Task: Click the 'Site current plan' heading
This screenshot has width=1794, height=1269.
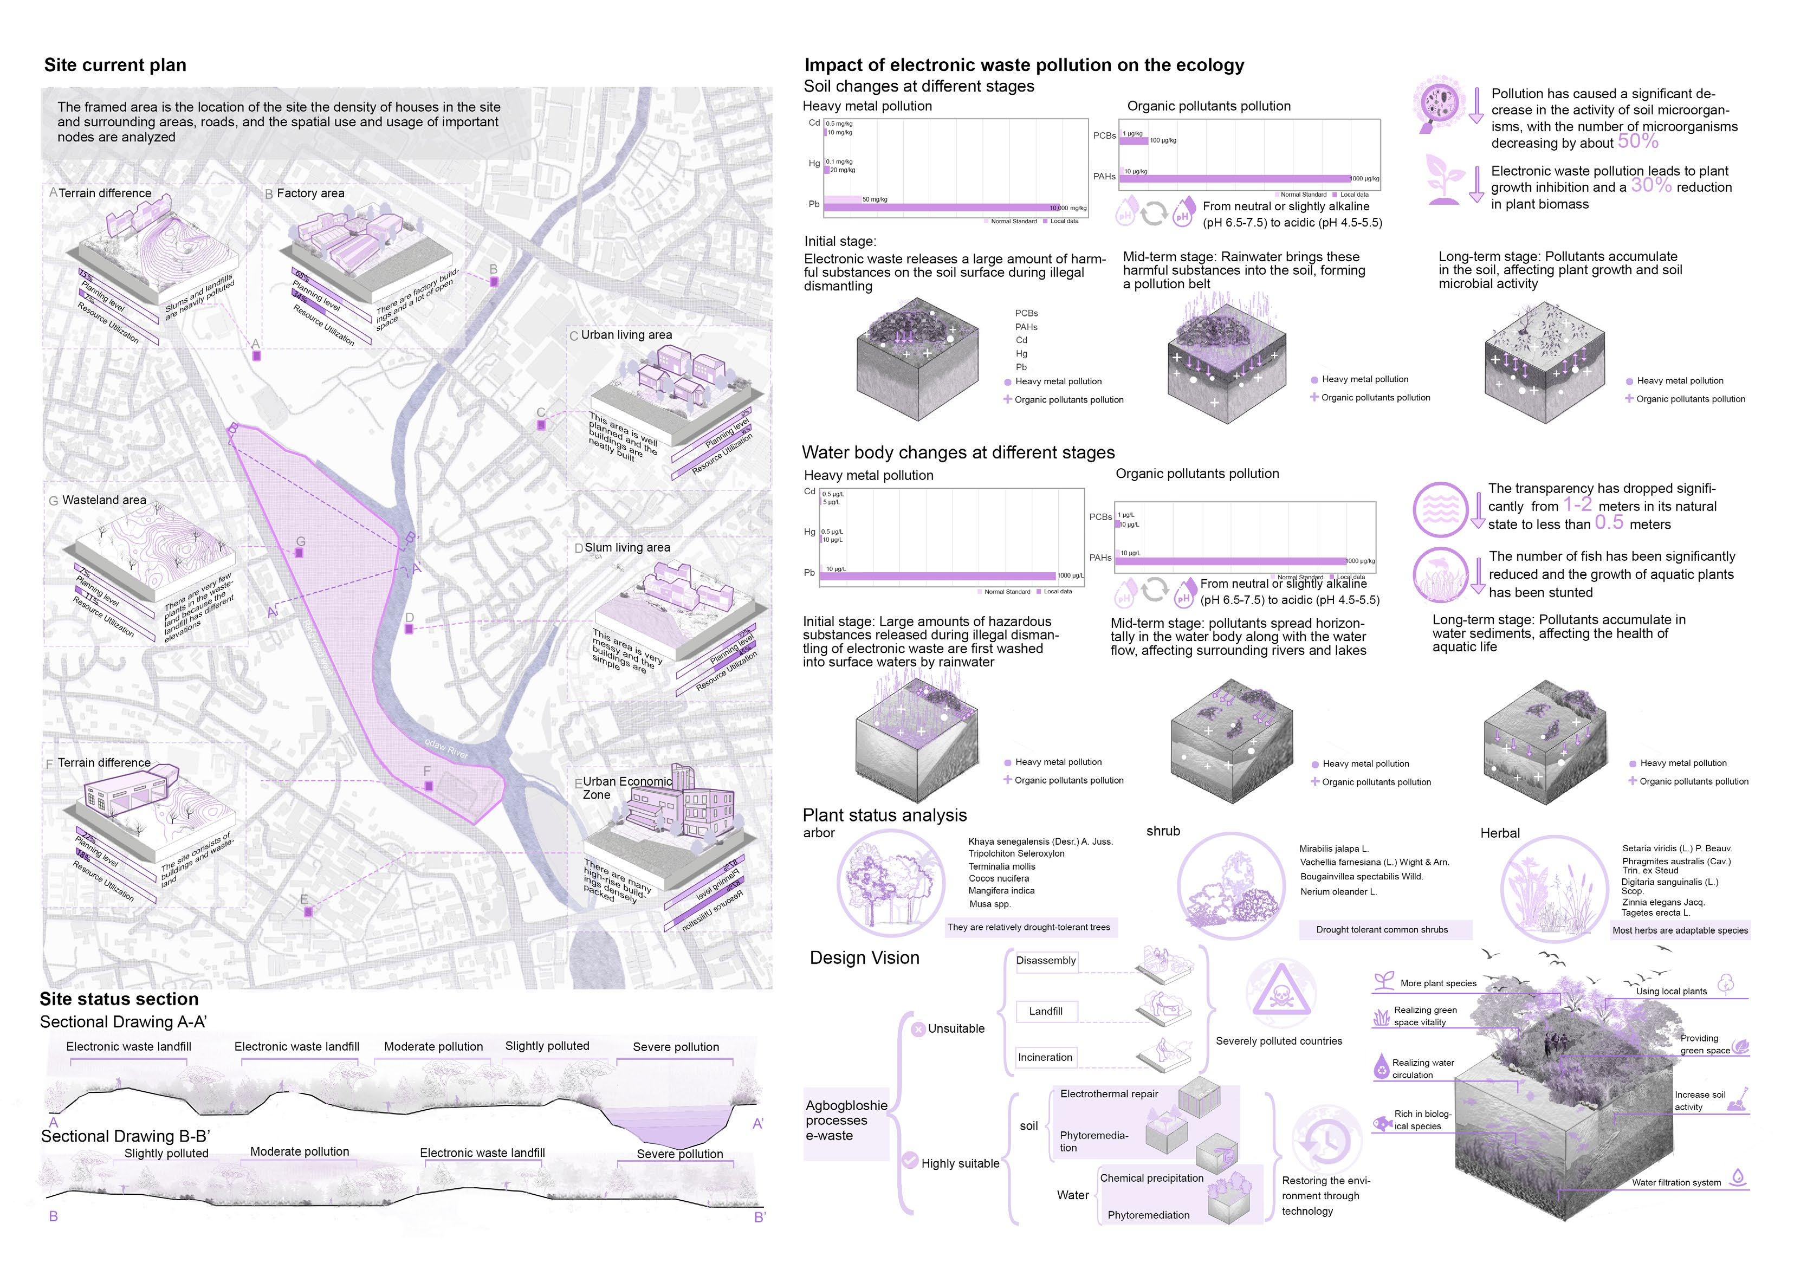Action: click(115, 65)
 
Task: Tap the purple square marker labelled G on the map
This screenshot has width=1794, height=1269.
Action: click(299, 553)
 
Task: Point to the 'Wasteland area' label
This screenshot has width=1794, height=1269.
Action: click(104, 500)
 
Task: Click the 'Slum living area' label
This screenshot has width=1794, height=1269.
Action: click(627, 548)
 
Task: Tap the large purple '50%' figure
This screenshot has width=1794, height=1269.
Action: click(1638, 141)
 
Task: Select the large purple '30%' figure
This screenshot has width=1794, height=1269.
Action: click(1651, 186)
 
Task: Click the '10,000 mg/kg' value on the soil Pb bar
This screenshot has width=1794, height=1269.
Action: click(1067, 208)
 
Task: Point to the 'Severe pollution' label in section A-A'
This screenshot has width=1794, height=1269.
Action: click(675, 1046)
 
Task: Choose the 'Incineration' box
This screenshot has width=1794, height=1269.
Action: click(1045, 1057)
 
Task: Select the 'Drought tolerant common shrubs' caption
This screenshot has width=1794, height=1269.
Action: click(1382, 930)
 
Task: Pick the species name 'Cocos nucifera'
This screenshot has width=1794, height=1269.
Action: click(999, 878)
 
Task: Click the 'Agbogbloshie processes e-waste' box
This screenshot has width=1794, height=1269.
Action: click(846, 1121)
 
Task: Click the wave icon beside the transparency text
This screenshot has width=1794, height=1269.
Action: click(1440, 509)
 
